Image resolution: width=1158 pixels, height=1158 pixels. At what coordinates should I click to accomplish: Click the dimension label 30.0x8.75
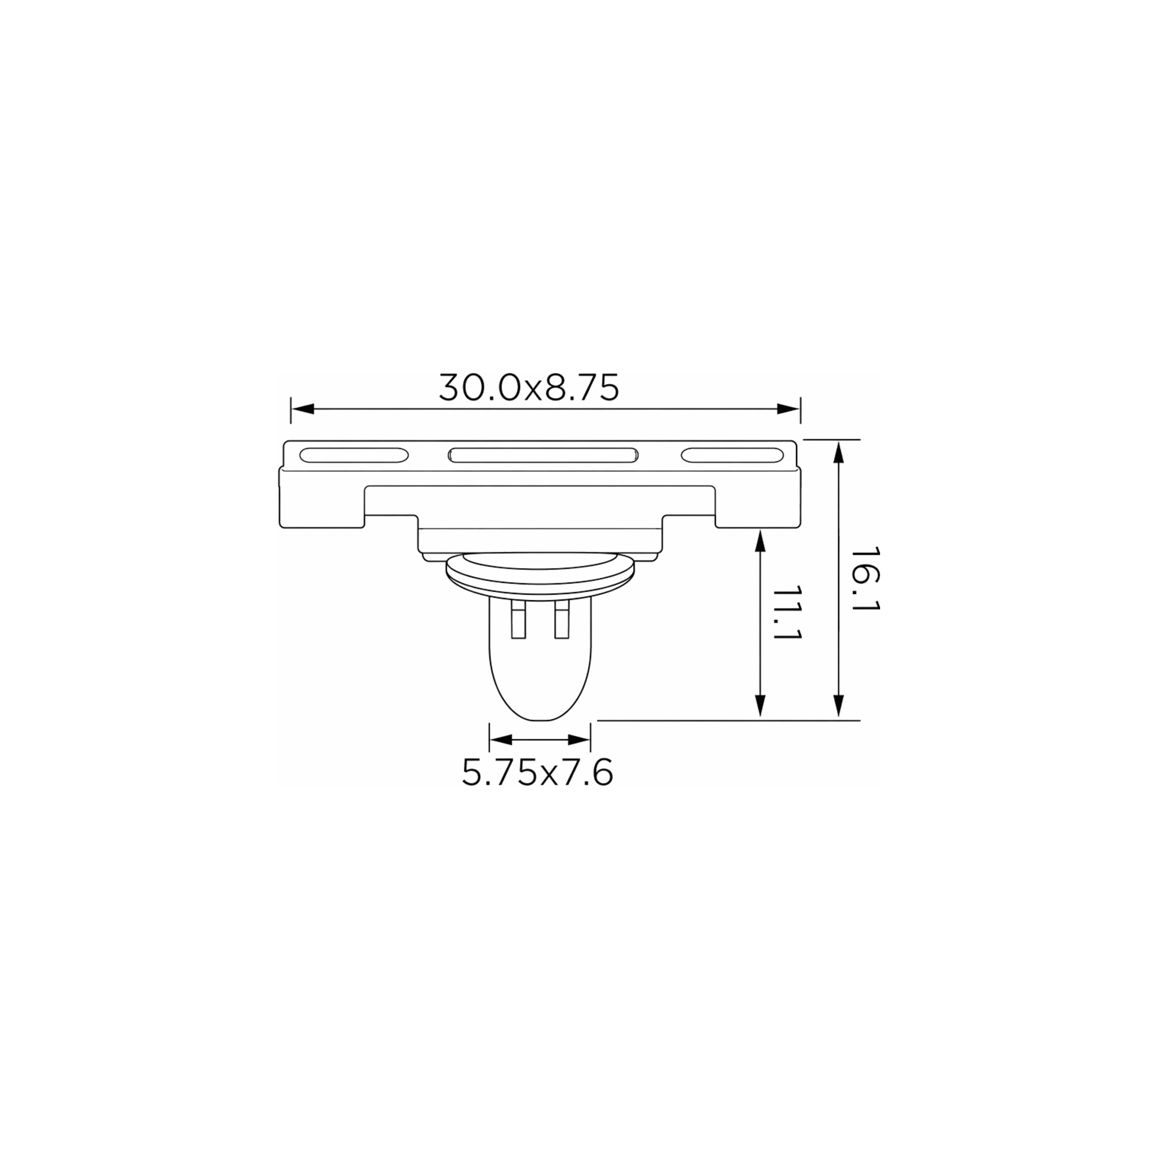529,387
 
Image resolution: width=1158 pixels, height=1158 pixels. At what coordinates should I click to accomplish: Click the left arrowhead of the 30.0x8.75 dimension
302,409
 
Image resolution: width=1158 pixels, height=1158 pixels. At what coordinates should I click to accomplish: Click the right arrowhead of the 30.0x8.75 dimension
789,409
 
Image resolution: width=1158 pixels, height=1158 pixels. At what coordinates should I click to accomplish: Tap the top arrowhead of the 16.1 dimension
838,451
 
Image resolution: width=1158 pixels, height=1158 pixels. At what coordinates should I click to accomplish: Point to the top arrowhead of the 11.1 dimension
760,541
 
